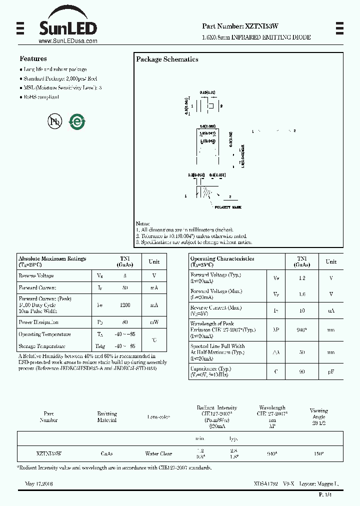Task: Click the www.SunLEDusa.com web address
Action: point(67,41)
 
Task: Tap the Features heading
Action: point(33,58)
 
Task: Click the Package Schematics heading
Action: point(167,59)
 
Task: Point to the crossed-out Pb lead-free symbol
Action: point(53,121)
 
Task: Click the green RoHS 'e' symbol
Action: point(77,121)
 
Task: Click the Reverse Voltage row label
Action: point(36,275)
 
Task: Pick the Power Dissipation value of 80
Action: point(124,322)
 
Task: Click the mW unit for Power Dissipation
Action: point(154,322)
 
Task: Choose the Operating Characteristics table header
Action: point(222,258)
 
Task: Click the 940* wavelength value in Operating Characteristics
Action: point(302,330)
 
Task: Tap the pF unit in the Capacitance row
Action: point(331,372)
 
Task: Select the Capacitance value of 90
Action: point(302,372)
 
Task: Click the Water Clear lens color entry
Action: point(158,454)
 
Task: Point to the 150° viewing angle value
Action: point(318,454)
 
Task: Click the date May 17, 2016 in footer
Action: point(39,484)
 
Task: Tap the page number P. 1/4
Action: point(325,494)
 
